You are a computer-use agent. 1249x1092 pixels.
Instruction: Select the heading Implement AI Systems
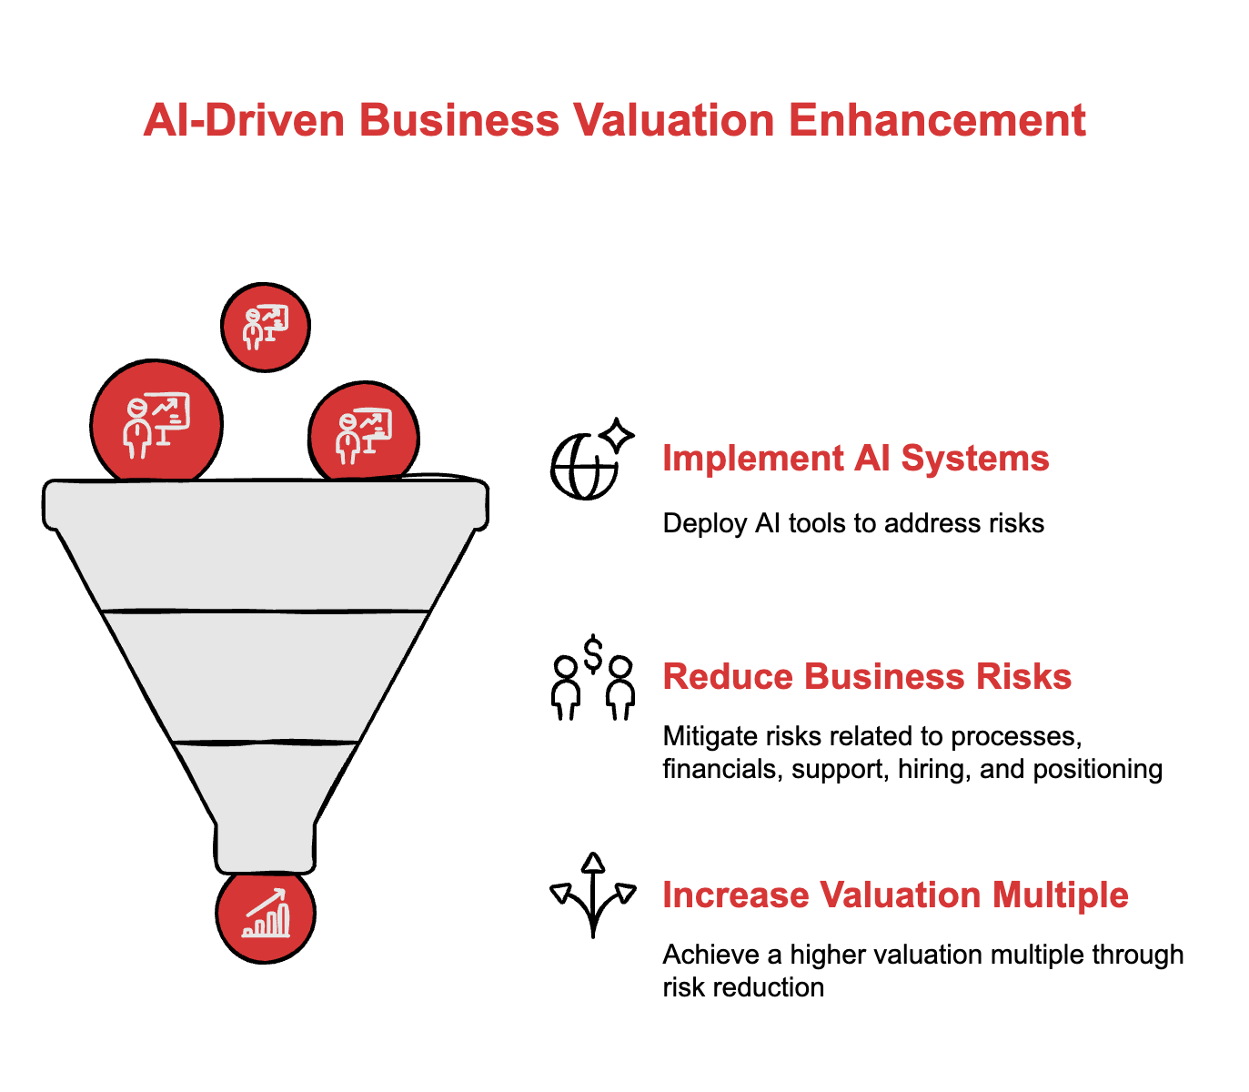coord(855,458)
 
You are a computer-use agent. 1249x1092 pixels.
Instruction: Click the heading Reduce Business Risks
coord(867,677)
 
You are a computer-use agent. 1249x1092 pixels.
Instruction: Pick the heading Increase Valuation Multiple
coord(895,895)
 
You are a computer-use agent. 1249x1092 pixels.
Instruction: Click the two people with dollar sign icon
coord(593,678)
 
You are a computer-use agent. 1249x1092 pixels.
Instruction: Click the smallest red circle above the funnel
coord(266,327)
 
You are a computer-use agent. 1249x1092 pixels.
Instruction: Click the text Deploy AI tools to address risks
coord(853,523)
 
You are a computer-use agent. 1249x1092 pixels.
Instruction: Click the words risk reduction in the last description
coord(743,987)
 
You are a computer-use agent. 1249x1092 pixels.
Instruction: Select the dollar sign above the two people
coord(593,652)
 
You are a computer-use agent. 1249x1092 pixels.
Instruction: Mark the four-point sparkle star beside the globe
coord(619,434)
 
